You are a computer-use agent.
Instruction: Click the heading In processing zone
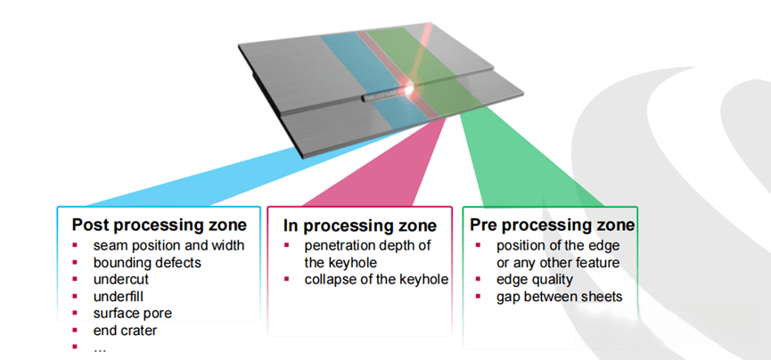[359, 225]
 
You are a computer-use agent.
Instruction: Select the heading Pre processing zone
[553, 225]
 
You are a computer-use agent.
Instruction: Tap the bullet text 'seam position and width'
[168, 245]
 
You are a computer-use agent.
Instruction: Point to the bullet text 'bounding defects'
[147, 262]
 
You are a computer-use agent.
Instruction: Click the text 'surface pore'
[134, 313]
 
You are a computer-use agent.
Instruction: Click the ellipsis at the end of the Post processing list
[99, 347]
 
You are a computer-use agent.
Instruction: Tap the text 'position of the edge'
[557, 246]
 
